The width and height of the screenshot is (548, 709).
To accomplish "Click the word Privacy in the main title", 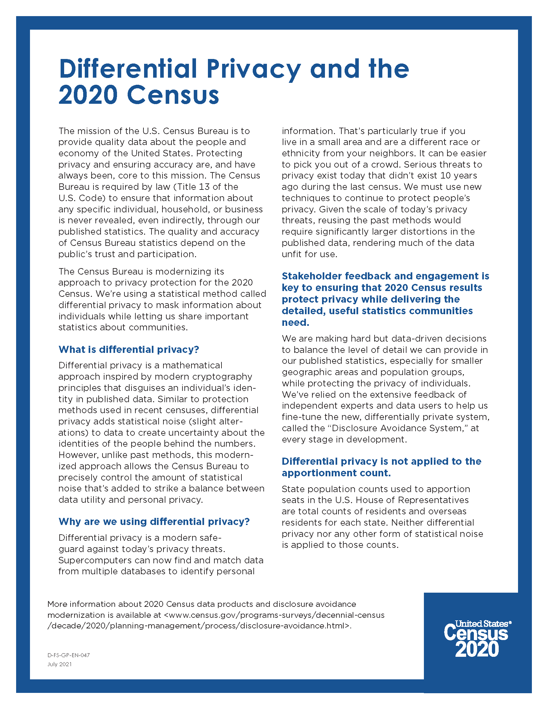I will pos(253,69).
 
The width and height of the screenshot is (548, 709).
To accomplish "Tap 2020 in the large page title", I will pos(88,95).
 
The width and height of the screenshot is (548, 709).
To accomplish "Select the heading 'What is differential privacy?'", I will pos(129,349).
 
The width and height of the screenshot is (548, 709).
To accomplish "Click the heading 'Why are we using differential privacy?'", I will pos(154,521).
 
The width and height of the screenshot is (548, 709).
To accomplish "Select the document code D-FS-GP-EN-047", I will pos(68,655).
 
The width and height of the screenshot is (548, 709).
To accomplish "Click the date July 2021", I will pos(59,664).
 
